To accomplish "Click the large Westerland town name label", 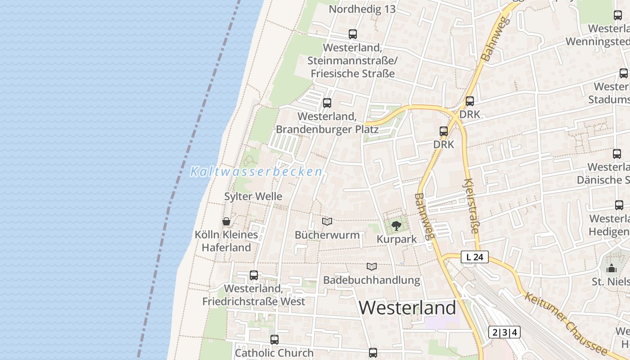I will click(x=407, y=308).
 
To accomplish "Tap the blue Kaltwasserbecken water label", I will click(x=256, y=171).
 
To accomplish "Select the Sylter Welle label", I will click(x=253, y=197).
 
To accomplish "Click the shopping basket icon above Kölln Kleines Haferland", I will click(x=226, y=221).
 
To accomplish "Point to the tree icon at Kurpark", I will click(x=396, y=225).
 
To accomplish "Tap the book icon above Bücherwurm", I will click(x=327, y=221).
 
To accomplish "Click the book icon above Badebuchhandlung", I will click(x=371, y=266).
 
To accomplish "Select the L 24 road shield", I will click(x=475, y=257).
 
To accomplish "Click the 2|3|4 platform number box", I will click(x=504, y=333).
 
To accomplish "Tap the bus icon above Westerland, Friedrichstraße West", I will click(x=254, y=275).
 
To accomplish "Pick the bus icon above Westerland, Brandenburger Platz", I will click(x=327, y=103).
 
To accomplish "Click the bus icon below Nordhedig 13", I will click(x=353, y=34).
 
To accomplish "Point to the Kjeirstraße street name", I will click(x=471, y=205).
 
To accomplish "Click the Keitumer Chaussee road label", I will click(x=566, y=323).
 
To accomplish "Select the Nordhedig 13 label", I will click(x=362, y=9).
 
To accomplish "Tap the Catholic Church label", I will click(x=274, y=353).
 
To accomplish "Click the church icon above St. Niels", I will click(x=611, y=269).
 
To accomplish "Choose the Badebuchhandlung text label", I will click(x=372, y=280).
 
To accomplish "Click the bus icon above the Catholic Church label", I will click(x=274, y=340).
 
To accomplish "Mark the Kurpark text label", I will click(x=397, y=239).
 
